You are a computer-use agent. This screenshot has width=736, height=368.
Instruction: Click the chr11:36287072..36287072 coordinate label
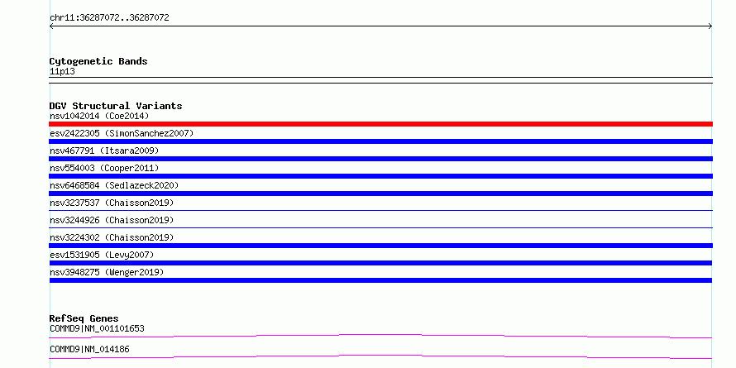[109, 18]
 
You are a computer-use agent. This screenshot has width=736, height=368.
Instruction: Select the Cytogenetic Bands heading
[98, 61]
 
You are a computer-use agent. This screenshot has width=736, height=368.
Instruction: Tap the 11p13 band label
[62, 72]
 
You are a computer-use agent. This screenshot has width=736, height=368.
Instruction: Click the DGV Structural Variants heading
[116, 106]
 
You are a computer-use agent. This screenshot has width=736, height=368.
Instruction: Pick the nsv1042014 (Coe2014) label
[99, 116]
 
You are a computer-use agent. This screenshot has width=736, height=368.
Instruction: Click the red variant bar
[380, 124]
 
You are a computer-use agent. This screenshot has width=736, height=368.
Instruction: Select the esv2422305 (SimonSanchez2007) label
[122, 133]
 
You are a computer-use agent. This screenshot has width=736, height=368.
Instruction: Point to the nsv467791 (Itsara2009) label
[104, 151]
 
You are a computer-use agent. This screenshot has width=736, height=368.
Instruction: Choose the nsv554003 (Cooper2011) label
[104, 168]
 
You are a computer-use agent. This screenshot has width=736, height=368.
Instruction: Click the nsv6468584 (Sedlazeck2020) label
[114, 185]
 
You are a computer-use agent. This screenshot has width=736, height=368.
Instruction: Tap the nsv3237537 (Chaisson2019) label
[112, 203]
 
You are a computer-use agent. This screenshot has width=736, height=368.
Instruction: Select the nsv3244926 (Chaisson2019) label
[112, 220]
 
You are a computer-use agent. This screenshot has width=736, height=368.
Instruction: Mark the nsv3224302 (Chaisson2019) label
[112, 237]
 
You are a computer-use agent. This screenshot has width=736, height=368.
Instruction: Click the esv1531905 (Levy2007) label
[102, 255]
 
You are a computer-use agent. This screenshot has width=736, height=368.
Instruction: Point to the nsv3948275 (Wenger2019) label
[107, 272]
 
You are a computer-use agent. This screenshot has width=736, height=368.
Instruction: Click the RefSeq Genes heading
[84, 318]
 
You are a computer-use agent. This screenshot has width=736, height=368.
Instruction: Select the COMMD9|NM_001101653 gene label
[97, 328]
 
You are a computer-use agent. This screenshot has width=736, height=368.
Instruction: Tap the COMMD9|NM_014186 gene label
[89, 349]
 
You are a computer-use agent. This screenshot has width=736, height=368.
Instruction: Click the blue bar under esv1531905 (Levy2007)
[380, 263]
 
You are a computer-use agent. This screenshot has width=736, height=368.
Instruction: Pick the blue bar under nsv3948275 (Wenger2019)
[380, 280]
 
